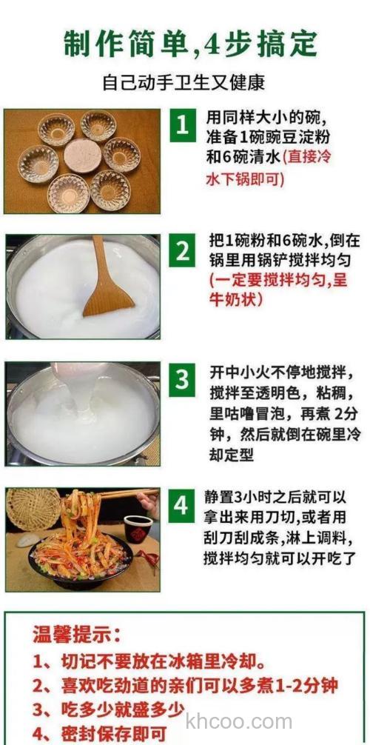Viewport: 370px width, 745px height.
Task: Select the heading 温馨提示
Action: point(78,635)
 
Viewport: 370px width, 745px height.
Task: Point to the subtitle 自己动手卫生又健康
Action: point(184,82)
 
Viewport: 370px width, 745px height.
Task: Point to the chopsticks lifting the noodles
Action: point(126,494)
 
